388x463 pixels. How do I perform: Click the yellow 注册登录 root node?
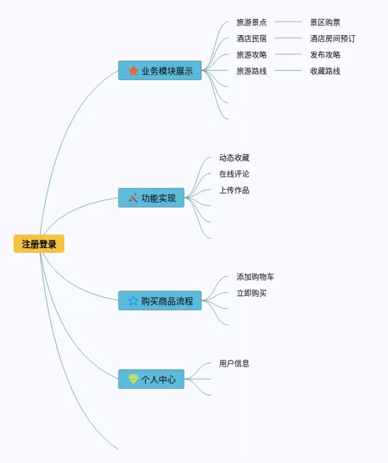(39, 244)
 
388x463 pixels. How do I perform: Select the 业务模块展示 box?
(160, 71)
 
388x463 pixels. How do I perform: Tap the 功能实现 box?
(152, 198)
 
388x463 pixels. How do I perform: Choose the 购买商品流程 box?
(160, 300)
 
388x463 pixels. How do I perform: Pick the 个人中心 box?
(152, 379)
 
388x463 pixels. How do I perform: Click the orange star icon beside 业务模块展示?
(133, 70)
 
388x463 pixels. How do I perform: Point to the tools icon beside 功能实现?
(133, 198)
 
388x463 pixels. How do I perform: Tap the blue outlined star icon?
(133, 300)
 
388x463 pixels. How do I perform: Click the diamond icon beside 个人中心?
(133, 379)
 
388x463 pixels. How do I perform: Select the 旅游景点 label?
(252, 22)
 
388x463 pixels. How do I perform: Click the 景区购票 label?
(325, 22)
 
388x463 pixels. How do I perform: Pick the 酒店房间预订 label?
(332, 39)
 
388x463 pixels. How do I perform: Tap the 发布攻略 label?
(325, 55)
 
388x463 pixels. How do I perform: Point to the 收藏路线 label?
(325, 71)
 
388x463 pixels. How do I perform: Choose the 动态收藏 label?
(234, 158)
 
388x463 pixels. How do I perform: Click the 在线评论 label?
(234, 174)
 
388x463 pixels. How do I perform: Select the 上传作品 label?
(234, 190)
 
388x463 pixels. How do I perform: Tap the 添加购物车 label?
(255, 277)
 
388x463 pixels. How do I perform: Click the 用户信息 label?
(234, 363)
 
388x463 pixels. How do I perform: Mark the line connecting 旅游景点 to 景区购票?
(288, 22)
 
